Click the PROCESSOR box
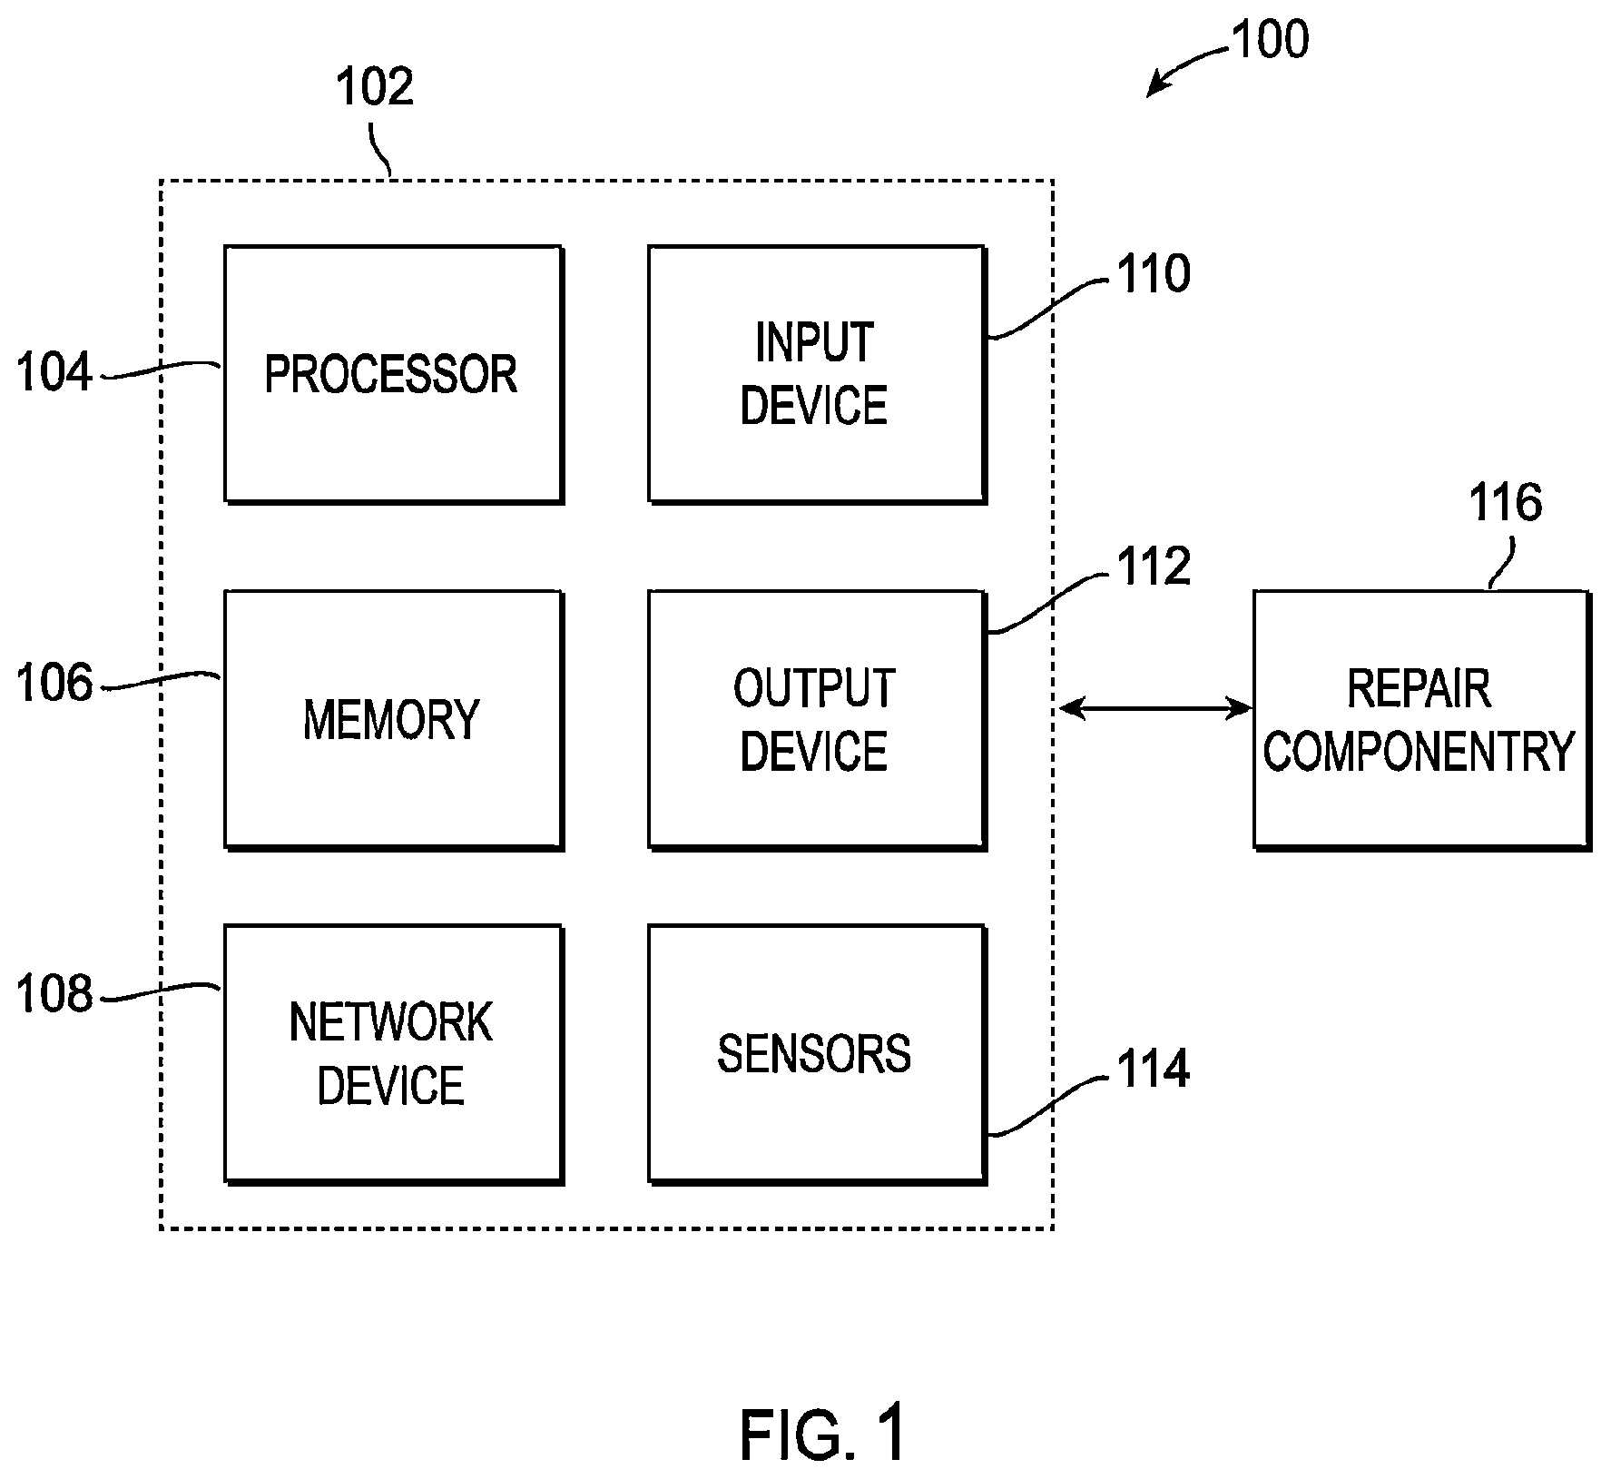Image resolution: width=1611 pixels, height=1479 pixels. click(394, 374)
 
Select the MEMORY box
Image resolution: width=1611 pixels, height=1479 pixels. click(394, 720)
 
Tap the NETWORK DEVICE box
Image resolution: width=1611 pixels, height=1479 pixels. click(394, 1054)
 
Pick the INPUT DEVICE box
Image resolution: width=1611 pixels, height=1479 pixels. click(817, 374)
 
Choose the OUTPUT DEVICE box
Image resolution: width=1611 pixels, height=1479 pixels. click(817, 720)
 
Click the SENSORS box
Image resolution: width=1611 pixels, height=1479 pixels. click(817, 1054)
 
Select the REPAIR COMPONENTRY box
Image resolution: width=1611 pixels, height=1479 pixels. click(1422, 720)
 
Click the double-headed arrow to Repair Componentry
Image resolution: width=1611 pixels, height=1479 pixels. click(1154, 707)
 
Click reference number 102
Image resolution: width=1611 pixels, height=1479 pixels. click(375, 88)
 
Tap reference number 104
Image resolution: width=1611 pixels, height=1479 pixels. click(54, 373)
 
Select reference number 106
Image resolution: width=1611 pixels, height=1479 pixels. click(54, 684)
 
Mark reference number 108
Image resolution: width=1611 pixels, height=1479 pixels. click(54, 994)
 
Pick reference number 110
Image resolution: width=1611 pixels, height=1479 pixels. click(1154, 274)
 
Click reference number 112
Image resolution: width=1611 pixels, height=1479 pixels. click(1154, 567)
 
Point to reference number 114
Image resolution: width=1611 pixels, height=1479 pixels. click(1154, 1069)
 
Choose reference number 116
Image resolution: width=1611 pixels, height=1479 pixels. click(1506, 502)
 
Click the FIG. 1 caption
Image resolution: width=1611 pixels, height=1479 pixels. click(823, 1434)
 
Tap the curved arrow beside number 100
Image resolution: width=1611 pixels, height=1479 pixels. click(1184, 64)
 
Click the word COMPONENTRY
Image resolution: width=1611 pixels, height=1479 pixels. click(1419, 752)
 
